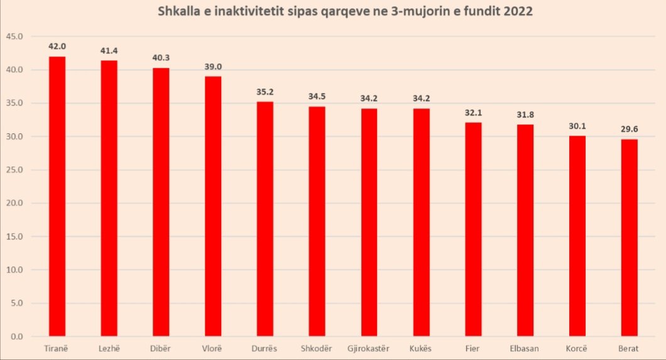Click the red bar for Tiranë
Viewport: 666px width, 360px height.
pos(57,197)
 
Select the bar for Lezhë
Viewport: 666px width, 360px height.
pos(109,199)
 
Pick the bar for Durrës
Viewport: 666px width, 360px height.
pos(265,219)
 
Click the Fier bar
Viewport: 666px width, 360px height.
pos(473,229)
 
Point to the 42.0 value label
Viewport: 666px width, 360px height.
pos(57,46)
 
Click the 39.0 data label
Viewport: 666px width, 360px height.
pos(213,67)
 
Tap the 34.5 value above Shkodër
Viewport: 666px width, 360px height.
pos(317,97)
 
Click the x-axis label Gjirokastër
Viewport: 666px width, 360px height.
pos(369,348)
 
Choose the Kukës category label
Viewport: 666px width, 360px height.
pos(421,348)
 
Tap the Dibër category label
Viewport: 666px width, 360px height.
pos(161,348)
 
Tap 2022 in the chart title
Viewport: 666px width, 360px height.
pos(518,12)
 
